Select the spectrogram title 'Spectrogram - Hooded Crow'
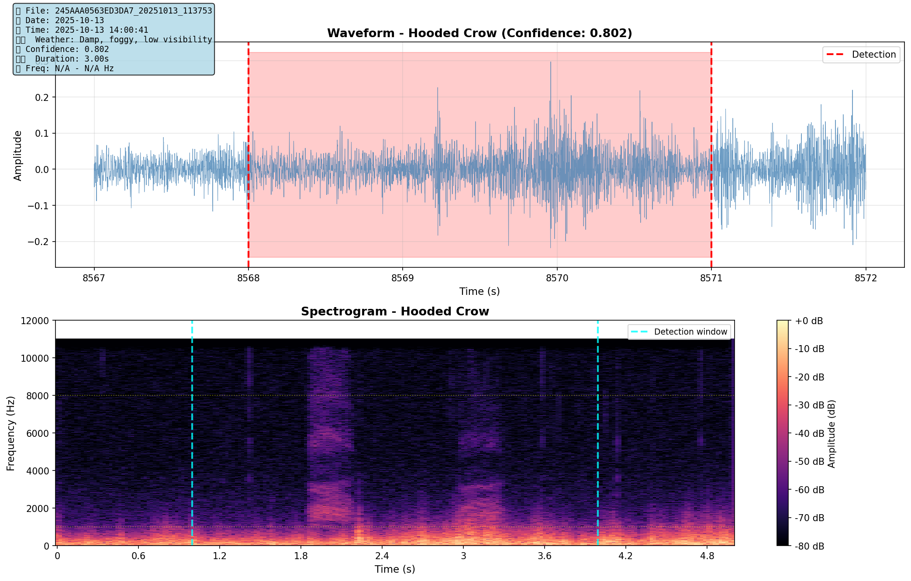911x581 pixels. [x=395, y=311]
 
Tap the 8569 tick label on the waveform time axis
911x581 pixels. [x=402, y=278]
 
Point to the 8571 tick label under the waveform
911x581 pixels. [x=711, y=278]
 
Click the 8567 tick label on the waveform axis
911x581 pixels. [x=94, y=278]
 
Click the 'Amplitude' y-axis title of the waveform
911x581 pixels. [x=17, y=156]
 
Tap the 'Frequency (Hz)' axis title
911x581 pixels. [x=11, y=433]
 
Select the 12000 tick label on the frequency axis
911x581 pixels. [x=35, y=321]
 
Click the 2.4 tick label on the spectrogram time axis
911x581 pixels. [x=382, y=556]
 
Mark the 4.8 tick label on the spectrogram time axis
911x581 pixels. [x=707, y=556]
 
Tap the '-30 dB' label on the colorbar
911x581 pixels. [x=809, y=405]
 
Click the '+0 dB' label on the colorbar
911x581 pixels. [x=809, y=321]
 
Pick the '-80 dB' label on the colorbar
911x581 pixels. [x=809, y=546]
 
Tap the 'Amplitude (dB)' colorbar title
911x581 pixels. [x=831, y=433]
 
